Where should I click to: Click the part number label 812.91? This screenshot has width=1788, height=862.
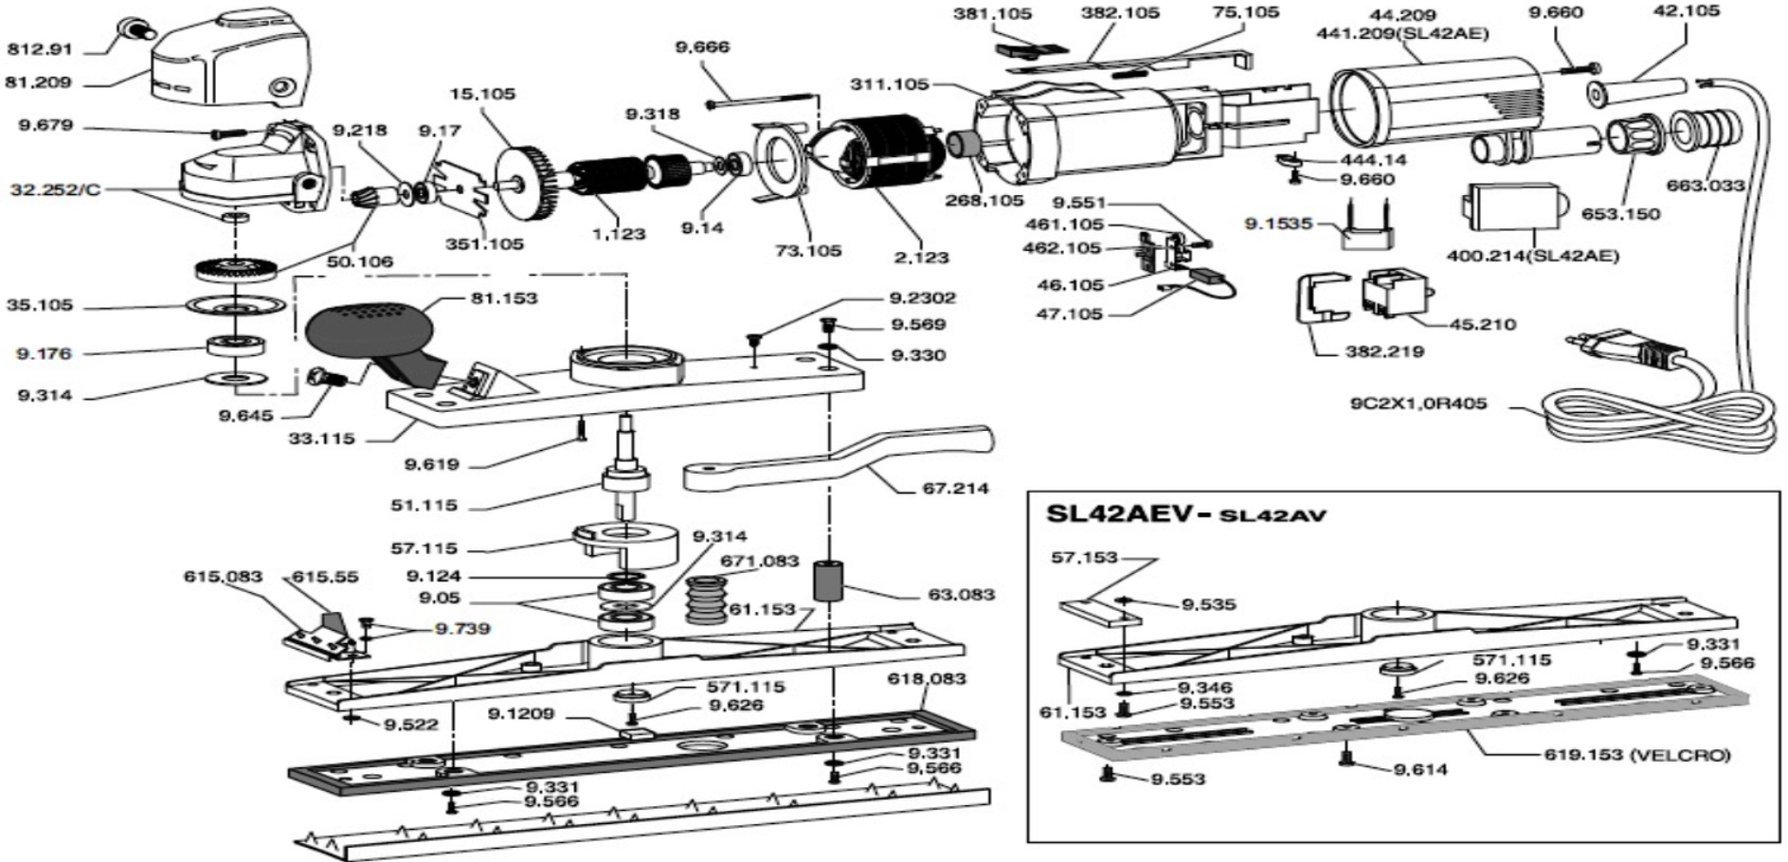pos(39,49)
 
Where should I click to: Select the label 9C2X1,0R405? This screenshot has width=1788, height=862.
pos(1418,404)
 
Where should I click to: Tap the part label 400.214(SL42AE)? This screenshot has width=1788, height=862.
pos(1532,256)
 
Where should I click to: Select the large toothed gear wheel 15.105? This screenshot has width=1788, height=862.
pos(524,177)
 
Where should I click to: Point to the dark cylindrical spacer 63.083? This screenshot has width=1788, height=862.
pos(830,580)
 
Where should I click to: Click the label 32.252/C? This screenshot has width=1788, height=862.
pos(55,189)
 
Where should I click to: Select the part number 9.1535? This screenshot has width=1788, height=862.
pos(1278,224)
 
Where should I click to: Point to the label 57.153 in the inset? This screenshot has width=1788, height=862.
pos(1084,557)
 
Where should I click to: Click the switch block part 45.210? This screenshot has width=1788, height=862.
pos(1394,294)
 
